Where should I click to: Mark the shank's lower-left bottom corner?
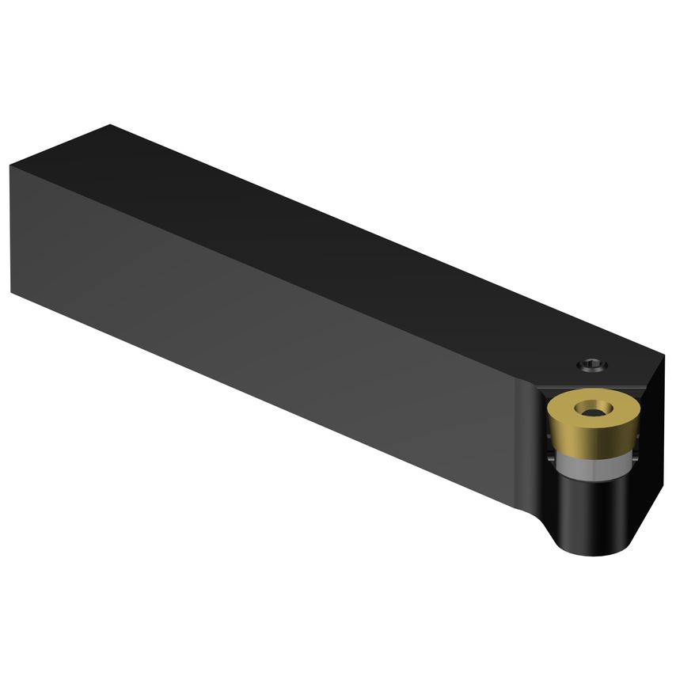coord(11,291)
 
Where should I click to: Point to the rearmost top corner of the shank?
coord(111,124)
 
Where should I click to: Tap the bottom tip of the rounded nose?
coord(590,555)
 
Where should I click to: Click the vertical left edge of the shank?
coord(11,230)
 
